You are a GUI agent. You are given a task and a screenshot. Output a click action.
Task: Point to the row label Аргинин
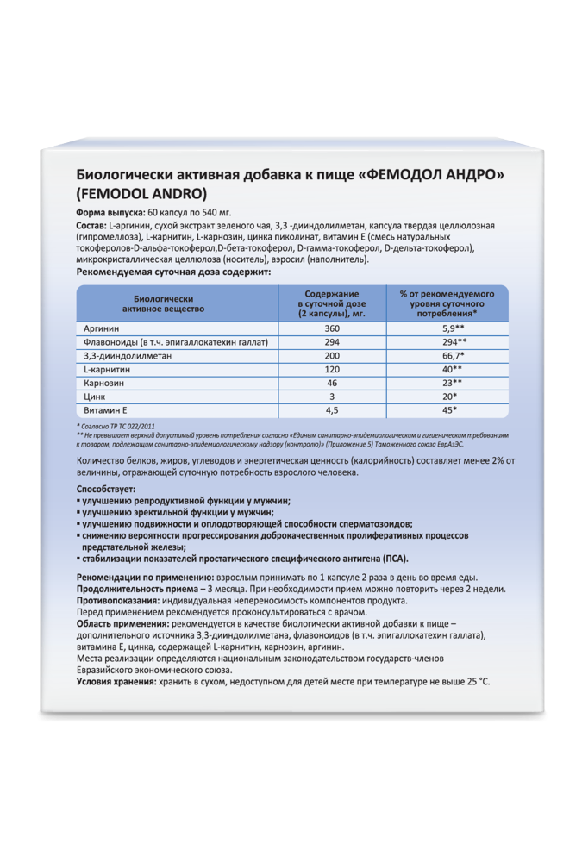pos(101,329)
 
